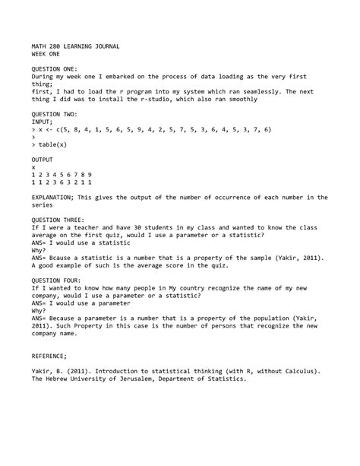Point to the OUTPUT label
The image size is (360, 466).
(44, 157)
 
